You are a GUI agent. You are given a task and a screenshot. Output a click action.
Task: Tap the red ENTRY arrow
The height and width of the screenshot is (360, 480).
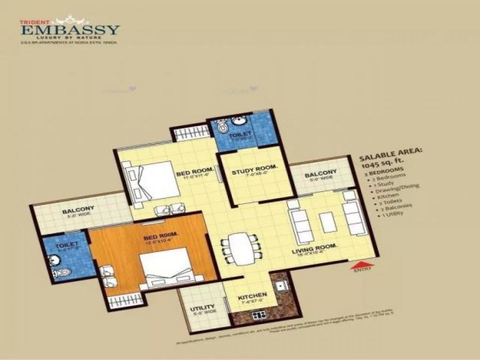tap(362, 264)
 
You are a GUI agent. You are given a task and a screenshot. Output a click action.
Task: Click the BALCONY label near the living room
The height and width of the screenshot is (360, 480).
tap(320, 175)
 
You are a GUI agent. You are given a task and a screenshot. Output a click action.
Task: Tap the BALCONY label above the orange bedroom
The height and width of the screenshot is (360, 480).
tap(78, 208)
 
